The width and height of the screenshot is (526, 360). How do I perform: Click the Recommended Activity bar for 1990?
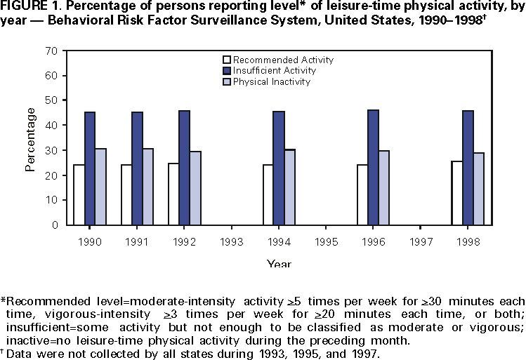pos(79,195)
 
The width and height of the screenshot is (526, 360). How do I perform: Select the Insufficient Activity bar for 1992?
pos(184,168)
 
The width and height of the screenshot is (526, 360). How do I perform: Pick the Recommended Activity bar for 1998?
pos(456,193)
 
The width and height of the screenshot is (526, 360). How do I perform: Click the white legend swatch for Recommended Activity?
pos(226,60)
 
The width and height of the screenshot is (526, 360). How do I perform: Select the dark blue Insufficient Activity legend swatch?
pos(226,71)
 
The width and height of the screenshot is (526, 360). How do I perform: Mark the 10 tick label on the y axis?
pos(51,201)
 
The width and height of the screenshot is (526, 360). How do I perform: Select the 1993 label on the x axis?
pos(232,240)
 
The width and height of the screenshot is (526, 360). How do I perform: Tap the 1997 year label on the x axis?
pos(421,240)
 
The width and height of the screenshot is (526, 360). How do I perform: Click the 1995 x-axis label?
pos(326,240)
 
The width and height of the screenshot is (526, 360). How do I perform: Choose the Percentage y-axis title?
pos(31,138)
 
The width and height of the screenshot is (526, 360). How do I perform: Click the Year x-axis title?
pos(279,264)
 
